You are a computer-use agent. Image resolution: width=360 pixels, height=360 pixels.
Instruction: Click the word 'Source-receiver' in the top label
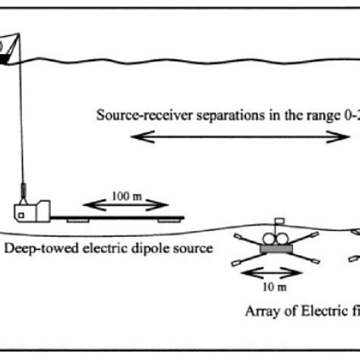134,116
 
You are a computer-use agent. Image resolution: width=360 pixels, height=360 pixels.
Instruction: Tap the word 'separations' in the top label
203,116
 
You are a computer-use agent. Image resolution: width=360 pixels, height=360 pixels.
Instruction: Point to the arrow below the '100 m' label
125,204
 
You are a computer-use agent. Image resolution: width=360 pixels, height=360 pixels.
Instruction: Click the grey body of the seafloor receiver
278,247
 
